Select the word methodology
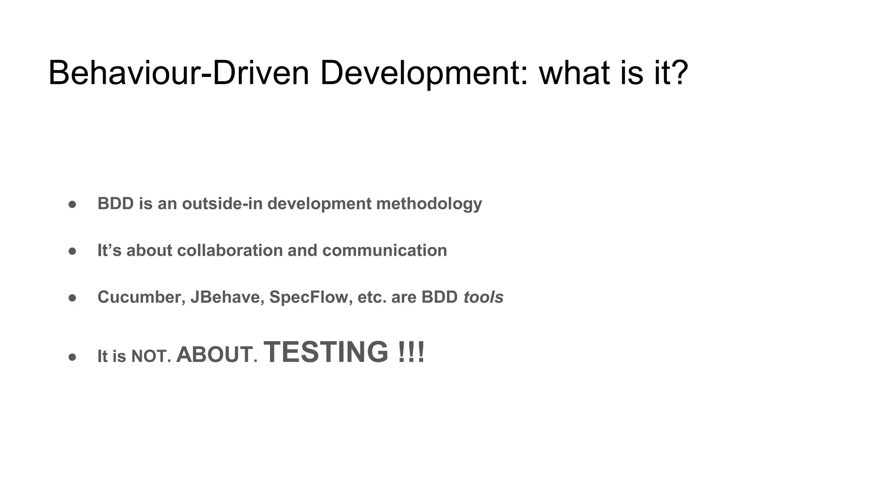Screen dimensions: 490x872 click(x=429, y=204)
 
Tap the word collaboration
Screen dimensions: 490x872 click(x=230, y=250)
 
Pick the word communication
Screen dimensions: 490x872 click(x=384, y=250)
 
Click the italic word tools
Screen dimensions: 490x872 click(x=483, y=297)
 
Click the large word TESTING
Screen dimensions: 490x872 click(x=326, y=352)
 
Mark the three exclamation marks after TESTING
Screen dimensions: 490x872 click(x=411, y=352)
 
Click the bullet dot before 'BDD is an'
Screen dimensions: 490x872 click(x=72, y=205)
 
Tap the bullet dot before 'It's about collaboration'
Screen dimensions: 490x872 click(x=72, y=251)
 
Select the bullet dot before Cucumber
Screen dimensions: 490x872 click(x=72, y=298)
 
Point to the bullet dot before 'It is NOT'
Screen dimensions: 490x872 click(x=72, y=357)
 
